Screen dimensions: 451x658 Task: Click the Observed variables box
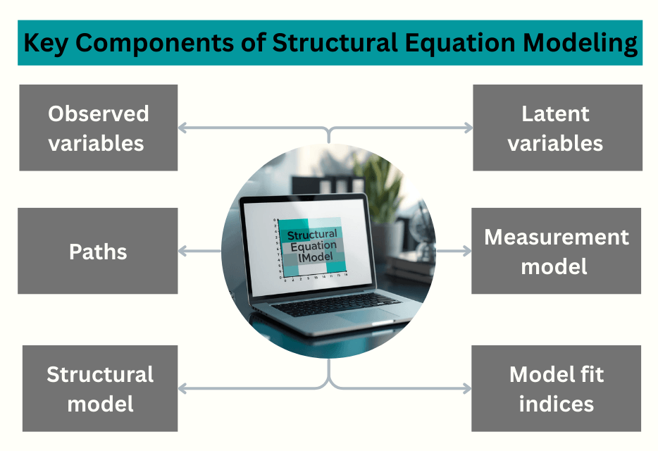click(x=98, y=128)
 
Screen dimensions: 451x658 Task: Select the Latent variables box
click(x=557, y=128)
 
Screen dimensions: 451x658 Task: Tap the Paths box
click(x=98, y=251)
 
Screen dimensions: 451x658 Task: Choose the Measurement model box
click(x=556, y=251)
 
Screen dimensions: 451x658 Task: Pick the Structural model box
click(x=100, y=388)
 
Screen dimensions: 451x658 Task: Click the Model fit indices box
click(x=556, y=388)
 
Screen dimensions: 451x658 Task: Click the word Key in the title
click(x=47, y=43)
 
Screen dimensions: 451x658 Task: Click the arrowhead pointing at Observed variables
click(x=182, y=128)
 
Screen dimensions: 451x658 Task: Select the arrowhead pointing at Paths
click(x=182, y=251)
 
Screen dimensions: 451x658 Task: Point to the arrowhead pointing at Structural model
click(x=182, y=388)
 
